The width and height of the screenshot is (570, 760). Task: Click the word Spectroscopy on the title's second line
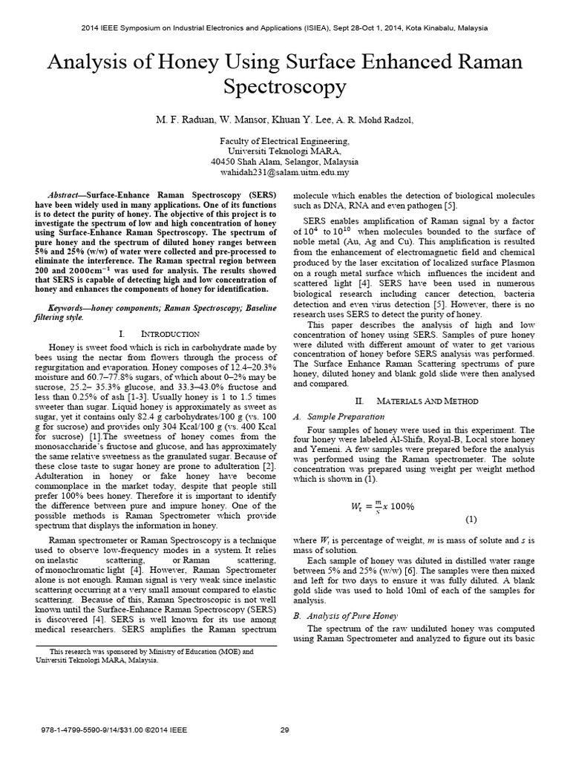pyautogui.click(x=284, y=88)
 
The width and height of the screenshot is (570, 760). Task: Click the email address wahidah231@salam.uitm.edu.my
pyautogui.click(x=285, y=172)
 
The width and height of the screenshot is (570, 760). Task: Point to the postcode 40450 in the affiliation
pyautogui.click(x=224, y=161)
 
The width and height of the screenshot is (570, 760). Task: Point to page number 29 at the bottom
pyautogui.click(x=284, y=730)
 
